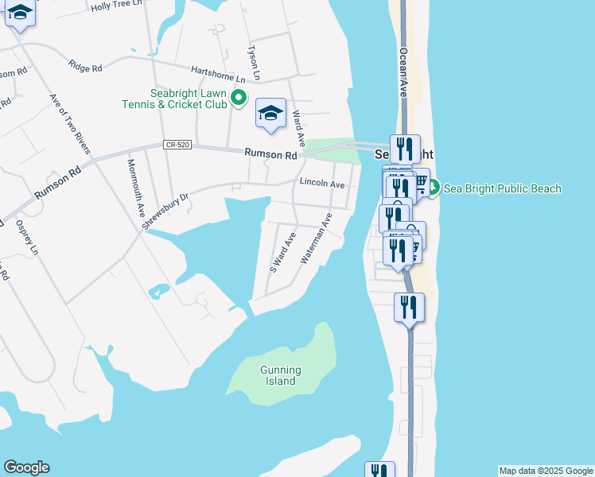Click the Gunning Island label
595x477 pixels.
tap(280, 375)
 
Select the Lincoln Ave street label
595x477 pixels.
tap(322, 184)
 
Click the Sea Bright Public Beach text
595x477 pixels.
tap(502, 188)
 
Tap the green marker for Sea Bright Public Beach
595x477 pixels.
tap(434, 188)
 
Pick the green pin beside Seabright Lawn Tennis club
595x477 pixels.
tap(239, 99)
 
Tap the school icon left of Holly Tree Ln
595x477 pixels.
tap(19, 14)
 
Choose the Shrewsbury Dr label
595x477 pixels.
tap(165, 211)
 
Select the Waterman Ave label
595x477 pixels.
tap(315, 238)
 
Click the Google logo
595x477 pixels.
tap(26, 467)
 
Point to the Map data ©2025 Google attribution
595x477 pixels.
tap(546, 471)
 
